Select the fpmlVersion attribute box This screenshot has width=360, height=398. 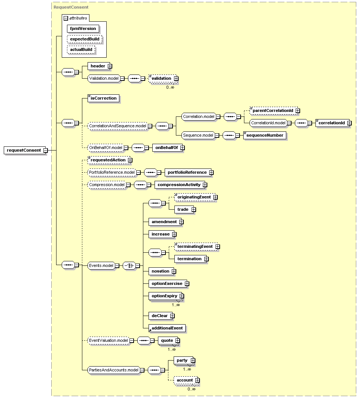point(83,29)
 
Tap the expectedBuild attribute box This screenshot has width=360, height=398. point(85,39)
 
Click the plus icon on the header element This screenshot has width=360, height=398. point(110,66)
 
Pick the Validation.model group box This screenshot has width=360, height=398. point(104,78)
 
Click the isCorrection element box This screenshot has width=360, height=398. point(104,98)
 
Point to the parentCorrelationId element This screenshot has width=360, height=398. point(274,111)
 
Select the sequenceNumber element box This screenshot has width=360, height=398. point(265,135)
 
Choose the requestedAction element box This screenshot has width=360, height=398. point(109,160)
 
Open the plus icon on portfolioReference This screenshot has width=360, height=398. point(211,173)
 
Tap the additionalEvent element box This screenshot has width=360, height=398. point(167,328)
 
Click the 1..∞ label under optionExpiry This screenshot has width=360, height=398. point(176,305)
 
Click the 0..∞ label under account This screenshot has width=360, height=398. point(192,389)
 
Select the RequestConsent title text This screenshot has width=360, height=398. point(71,7)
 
